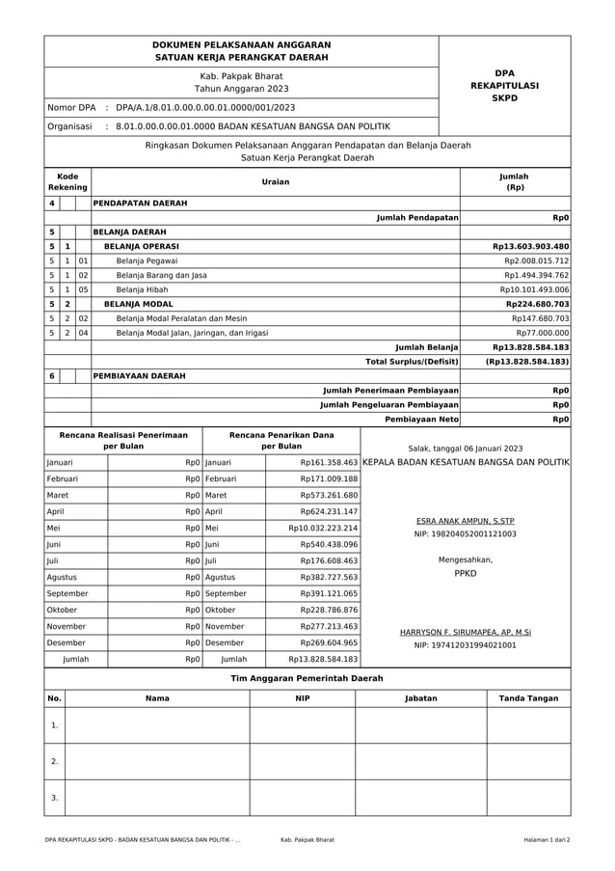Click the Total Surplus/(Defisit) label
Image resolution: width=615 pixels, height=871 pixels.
click(411, 361)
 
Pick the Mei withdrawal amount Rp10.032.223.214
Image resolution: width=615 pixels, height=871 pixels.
click(323, 528)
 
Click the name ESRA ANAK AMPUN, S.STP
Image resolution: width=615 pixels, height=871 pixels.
click(465, 519)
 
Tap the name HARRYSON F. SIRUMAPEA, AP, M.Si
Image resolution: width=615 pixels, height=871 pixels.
click(465, 633)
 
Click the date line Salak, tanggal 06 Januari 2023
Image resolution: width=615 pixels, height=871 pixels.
click(465, 449)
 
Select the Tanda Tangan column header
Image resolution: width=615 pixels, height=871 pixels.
click(528, 698)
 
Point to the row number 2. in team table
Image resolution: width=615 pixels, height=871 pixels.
click(55, 761)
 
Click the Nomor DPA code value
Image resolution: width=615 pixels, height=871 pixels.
click(205, 107)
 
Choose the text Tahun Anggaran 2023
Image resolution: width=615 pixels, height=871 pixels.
click(241, 89)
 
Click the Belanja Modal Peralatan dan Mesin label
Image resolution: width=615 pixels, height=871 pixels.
click(181, 318)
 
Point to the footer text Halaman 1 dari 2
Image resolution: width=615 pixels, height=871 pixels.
click(547, 840)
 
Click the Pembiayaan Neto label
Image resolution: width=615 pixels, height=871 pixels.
click(421, 420)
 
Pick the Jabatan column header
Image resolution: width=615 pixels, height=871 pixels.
click(420, 698)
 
